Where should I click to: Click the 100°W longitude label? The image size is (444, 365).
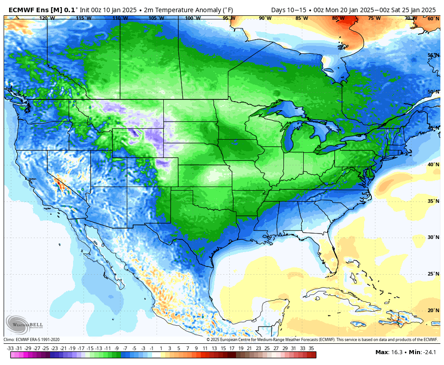tap(193, 19)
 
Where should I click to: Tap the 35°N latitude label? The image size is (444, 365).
tap(433, 201)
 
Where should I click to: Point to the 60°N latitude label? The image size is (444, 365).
tap(433, 19)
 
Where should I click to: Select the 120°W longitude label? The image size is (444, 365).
tap(47, 19)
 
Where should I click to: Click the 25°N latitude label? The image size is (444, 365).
tap(433, 274)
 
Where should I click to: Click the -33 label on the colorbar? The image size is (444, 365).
tap(10, 348)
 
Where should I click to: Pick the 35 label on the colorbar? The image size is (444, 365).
tap(311, 348)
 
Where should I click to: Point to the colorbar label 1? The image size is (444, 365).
tap(161, 348)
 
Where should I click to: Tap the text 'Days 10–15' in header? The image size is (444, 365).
tap(287, 9)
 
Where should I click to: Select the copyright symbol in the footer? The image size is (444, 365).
tap(208, 340)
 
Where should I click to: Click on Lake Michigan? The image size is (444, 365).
tap(289, 138)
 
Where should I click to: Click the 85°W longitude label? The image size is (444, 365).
tap(301, 19)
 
